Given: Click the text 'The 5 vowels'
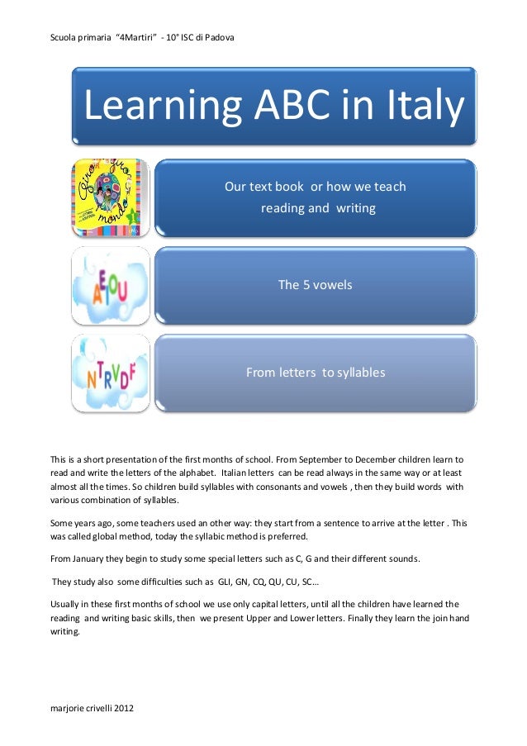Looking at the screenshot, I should [315, 285].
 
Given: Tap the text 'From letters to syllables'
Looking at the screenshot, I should [315, 373].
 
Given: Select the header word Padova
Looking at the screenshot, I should [218, 37].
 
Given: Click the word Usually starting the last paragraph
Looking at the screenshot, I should [68, 604].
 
